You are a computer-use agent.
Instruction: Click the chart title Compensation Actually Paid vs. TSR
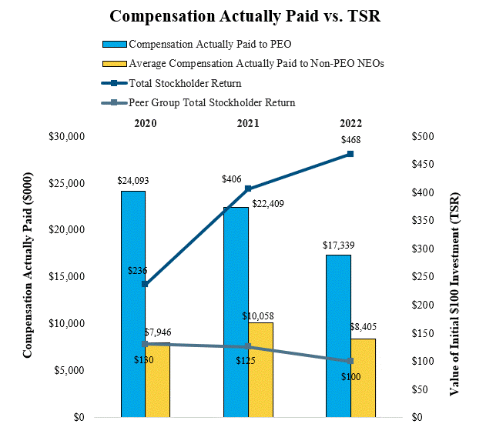pyautogui.click(x=248, y=16)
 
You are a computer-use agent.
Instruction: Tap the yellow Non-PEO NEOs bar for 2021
pyautogui.click(x=260, y=369)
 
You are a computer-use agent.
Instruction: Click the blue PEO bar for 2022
pyautogui.click(x=338, y=336)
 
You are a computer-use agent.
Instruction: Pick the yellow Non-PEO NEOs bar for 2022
pyautogui.click(x=363, y=378)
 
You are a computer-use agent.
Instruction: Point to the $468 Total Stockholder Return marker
pyautogui.click(x=350, y=154)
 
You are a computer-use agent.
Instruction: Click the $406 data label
pyautogui.click(x=231, y=179)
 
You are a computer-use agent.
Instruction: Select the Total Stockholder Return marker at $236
pyautogui.click(x=146, y=284)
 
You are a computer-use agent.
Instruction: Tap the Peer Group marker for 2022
pyautogui.click(x=350, y=361)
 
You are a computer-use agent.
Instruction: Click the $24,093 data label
pyautogui.click(x=132, y=181)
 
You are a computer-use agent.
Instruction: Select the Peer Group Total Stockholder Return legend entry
pyautogui.click(x=212, y=102)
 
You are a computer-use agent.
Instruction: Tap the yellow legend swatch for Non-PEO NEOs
pyautogui.click(x=114, y=64)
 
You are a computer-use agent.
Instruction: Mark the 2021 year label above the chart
pyautogui.click(x=248, y=123)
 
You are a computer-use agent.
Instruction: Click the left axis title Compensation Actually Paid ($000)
pyautogui.click(x=28, y=277)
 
